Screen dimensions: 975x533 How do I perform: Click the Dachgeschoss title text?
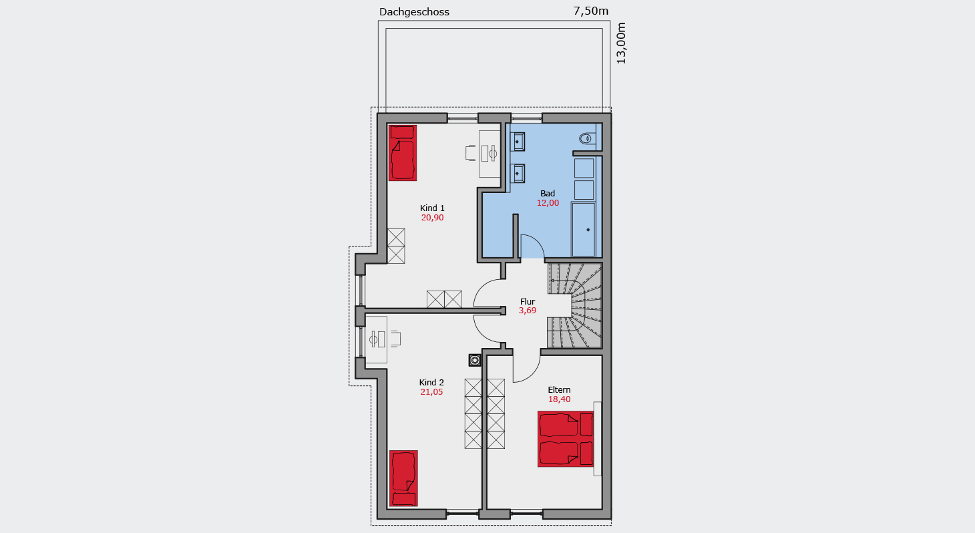pyautogui.click(x=414, y=12)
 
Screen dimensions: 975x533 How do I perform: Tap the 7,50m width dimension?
pyautogui.click(x=590, y=11)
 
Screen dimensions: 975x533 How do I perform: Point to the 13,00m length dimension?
pyautogui.click(x=621, y=43)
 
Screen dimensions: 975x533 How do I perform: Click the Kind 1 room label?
pyautogui.click(x=432, y=208)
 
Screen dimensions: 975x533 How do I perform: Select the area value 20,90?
pyautogui.click(x=432, y=218)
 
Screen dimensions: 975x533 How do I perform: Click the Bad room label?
pyautogui.click(x=548, y=193)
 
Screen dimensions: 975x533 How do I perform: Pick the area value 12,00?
pyautogui.click(x=548, y=203)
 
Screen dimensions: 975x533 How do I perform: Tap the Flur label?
pyautogui.click(x=528, y=301)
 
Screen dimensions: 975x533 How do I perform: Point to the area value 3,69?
pyautogui.click(x=528, y=311)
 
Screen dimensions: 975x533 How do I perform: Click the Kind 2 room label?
pyautogui.click(x=431, y=382)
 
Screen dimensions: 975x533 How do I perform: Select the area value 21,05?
pyautogui.click(x=431, y=392)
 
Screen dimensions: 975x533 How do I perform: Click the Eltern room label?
pyautogui.click(x=559, y=390)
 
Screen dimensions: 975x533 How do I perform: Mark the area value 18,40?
pyautogui.click(x=559, y=399)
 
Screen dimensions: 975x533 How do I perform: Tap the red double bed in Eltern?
pyautogui.click(x=566, y=439)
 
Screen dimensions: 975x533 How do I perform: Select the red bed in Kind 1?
pyautogui.click(x=403, y=153)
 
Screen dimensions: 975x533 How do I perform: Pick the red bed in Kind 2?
pyautogui.click(x=403, y=478)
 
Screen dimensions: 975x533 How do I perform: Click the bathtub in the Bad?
pyautogui.click(x=583, y=230)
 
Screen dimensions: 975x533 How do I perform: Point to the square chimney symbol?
pyautogui.click(x=475, y=360)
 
